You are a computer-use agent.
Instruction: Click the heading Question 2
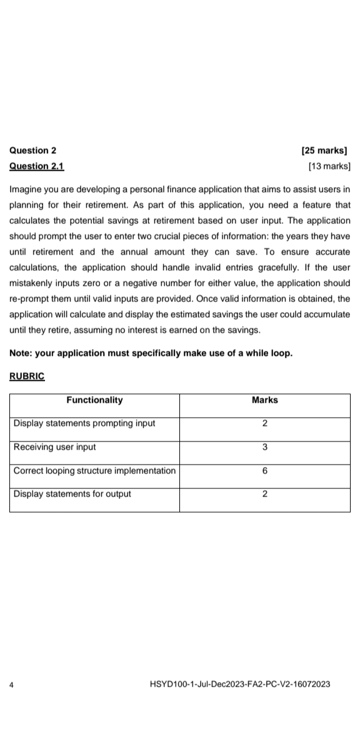pyautogui.click(x=33, y=150)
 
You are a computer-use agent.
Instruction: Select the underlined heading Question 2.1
pyautogui.click(x=37, y=166)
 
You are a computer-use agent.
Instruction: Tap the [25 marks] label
pyautogui.click(x=325, y=150)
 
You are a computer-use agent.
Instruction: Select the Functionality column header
pyautogui.click(x=94, y=400)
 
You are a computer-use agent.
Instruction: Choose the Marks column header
pyautogui.click(x=264, y=400)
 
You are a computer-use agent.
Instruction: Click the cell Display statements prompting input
pyautogui.click(x=84, y=423)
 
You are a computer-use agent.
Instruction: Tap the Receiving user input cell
pyautogui.click(x=55, y=447)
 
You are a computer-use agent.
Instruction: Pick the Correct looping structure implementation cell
pyautogui.click(x=94, y=470)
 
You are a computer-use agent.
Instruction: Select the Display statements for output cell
pyautogui.click(x=72, y=494)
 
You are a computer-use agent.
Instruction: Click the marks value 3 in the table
pyautogui.click(x=265, y=447)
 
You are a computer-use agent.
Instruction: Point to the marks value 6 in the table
pyautogui.click(x=265, y=470)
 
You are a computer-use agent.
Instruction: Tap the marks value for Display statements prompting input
pyautogui.click(x=265, y=423)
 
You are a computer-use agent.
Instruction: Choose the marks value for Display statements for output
pyautogui.click(x=265, y=494)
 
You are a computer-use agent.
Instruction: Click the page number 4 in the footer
pyautogui.click(x=12, y=684)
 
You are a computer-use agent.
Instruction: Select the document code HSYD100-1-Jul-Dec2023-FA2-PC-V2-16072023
pyautogui.click(x=241, y=684)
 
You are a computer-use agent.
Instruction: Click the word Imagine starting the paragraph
pyautogui.click(x=26, y=188)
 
